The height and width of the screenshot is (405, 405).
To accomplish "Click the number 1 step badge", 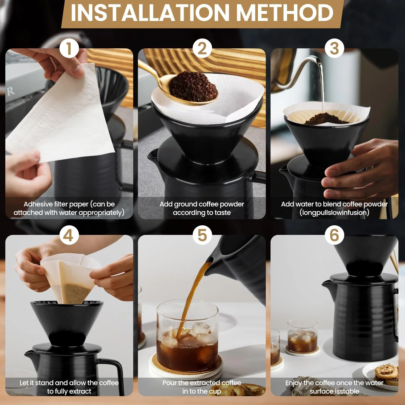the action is click(x=69, y=49).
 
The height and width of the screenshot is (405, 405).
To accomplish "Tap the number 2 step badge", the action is click(x=202, y=49).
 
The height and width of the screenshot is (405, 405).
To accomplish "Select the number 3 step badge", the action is click(x=334, y=49).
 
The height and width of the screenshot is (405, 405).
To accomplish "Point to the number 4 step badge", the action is click(x=69, y=235).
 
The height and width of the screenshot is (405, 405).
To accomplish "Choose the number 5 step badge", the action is click(x=202, y=235).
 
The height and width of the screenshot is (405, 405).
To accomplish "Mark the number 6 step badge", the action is click(x=334, y=235).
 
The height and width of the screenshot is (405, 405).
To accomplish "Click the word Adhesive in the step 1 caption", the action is click(x=38, y=204).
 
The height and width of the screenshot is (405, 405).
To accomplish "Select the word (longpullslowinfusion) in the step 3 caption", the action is click(x=334, y=212).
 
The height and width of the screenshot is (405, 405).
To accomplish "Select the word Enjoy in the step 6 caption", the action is click(x=294, y=383).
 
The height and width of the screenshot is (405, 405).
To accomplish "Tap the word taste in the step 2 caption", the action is click(x=222, y=213).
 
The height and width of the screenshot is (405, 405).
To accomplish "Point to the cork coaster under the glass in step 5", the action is click(x=187, y=370).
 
